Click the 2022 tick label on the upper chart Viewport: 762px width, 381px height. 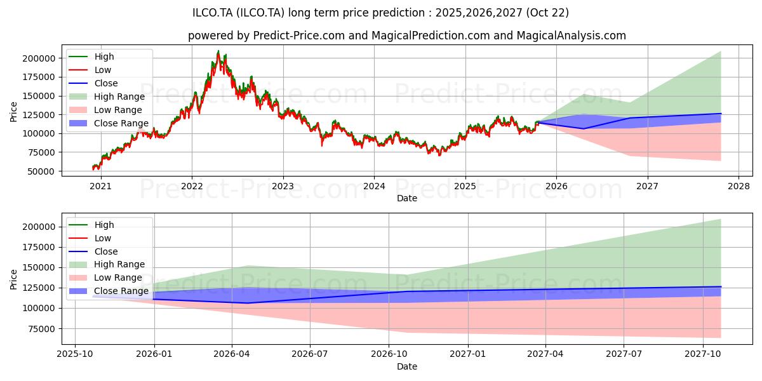pyautogui.click(x=191, y=186)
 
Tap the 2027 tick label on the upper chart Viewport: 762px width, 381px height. pyautogui.click(x=647, y=186)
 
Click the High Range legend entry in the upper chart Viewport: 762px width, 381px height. pyautogui.click(x=119, y=97)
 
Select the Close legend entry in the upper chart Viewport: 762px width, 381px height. pyautogui.click(x=106, y=83)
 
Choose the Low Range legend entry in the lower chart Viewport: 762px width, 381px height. pyautogui.click(x=118, y=277)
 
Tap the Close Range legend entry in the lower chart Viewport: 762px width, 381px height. pyautogui.click(x=121, y=291)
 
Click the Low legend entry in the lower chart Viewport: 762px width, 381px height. pyautogui.click(x=103, y=238)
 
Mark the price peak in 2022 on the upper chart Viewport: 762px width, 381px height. pyautogui.click(x=218, y=51)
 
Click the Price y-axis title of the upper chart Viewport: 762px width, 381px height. pyautogui.click(x=14, y=112)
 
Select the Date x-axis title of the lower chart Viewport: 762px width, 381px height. pyautogui.click(x=407, y=366)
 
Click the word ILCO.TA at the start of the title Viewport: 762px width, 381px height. pyautogui.click(x=213, y=13)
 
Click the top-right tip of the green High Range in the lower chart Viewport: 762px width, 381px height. pyautogui.click(x=721, y=219)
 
